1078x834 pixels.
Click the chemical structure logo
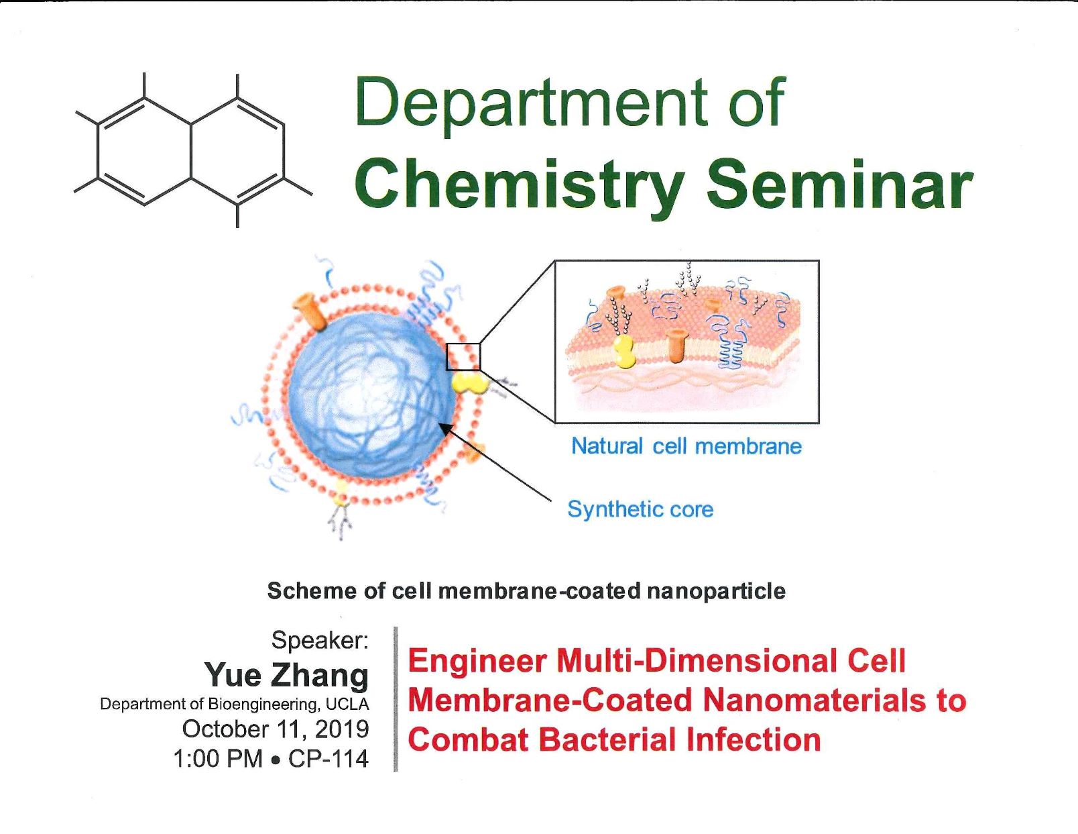(193, 150)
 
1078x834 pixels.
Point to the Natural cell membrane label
(686, 446)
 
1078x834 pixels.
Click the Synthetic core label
(640, 509)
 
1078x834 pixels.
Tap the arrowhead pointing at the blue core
(446, 429)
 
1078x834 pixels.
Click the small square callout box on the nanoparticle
(463, 357)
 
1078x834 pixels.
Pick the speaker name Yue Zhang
(286, 675)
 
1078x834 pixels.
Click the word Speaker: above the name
(320, 640)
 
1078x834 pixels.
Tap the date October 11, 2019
(276, 729)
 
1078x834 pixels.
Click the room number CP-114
(328, 759)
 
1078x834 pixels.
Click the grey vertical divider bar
(396, 699)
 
